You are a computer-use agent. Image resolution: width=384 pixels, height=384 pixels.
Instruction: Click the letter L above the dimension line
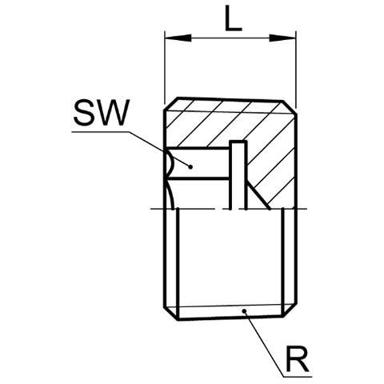coord(233,18)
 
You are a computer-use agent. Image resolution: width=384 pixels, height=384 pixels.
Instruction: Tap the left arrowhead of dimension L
coord(178,38)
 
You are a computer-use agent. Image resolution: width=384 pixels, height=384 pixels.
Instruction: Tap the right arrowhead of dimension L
coord(282,38)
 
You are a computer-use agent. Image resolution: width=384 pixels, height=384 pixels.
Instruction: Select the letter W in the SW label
coord(113,113)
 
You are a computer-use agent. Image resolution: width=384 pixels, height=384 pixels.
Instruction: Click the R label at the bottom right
coord(298,359)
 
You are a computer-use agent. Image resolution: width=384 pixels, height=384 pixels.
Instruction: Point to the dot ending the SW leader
coord(190,167)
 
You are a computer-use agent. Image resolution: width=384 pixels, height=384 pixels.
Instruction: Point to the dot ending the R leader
coord(244,310)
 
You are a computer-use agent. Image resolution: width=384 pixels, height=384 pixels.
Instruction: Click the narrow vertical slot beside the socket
coord(238,174)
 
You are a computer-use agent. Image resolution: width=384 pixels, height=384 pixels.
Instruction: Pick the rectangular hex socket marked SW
coord(198,162)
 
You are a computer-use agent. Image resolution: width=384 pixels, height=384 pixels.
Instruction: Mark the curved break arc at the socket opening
coord(170,163)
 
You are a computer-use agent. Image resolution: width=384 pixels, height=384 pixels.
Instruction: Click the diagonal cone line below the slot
coord(258,196)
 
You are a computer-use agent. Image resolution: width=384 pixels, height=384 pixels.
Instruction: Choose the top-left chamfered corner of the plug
coord(171,104)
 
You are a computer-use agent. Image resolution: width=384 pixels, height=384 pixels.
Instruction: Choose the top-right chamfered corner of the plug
coord(290,108)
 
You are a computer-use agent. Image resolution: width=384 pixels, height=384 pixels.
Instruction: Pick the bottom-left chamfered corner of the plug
coord(171,314)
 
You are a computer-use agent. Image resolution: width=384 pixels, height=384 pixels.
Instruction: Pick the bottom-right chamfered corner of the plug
coord(290,310)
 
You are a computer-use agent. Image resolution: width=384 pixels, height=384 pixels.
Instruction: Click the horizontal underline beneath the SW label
coord(101,131)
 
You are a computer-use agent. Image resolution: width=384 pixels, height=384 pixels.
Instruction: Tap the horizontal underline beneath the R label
coord(297,377)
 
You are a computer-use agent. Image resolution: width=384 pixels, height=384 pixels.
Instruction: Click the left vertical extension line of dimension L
coord(165,68)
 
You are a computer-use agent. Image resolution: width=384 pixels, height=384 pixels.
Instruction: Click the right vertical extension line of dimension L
coord(296,70)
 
